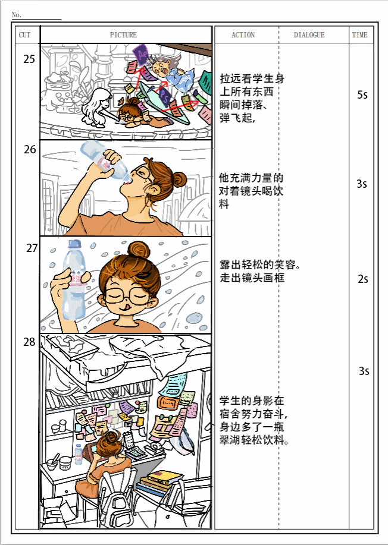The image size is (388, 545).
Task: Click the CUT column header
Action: point(25,35)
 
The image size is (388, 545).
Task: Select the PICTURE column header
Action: point(124,35)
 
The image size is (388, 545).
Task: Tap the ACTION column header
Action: point(243,35)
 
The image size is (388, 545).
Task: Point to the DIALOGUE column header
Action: point(309,35)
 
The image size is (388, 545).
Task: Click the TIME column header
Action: point(360,35)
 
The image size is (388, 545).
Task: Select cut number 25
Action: point(29,59)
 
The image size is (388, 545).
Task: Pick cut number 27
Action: point(32,249)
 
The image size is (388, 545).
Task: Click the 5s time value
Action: point(362,95)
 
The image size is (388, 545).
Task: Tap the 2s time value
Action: point(363,279)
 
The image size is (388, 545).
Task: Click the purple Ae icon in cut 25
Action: point(141,55)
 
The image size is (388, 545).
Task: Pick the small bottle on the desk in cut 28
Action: point(79,454)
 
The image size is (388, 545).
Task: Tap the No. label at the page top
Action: point(17,15)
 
